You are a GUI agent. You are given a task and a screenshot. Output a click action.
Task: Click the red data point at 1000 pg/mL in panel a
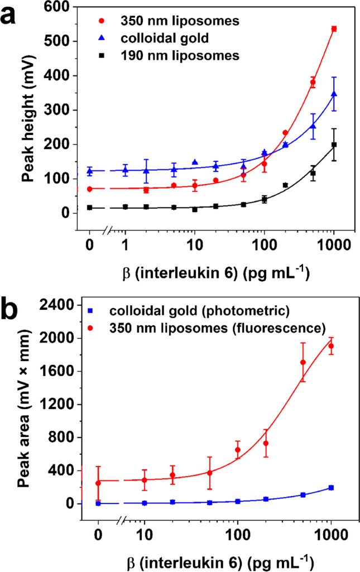[334, 28]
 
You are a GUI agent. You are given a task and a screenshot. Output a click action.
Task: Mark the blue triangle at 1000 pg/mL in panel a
[334, 94]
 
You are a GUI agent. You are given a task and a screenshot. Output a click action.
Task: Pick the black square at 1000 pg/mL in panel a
[334, 145]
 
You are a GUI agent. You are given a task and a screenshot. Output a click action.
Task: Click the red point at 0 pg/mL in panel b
[98, 483]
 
